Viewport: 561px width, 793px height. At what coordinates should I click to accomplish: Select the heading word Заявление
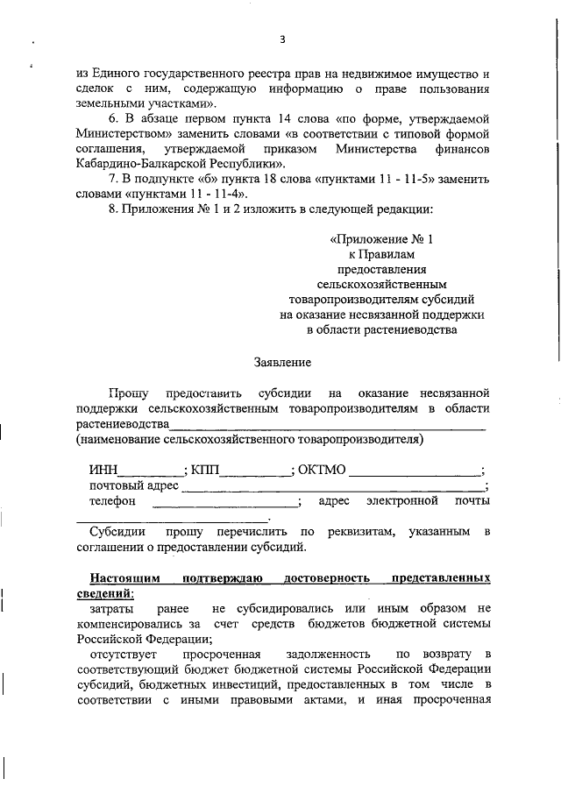(x=281, y=361)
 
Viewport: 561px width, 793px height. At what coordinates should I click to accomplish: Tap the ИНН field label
(x=103, y=470)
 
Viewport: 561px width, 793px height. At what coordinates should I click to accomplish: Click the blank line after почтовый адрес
(x=333, y=487)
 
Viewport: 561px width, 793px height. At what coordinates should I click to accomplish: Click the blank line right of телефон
(x=225, y=503)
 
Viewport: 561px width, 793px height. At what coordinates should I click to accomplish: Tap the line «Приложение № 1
(x=381, y=238)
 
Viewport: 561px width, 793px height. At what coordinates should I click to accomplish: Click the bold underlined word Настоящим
(x=124, y=579)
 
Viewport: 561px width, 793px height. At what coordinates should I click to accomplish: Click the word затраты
(x=112, y=608)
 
